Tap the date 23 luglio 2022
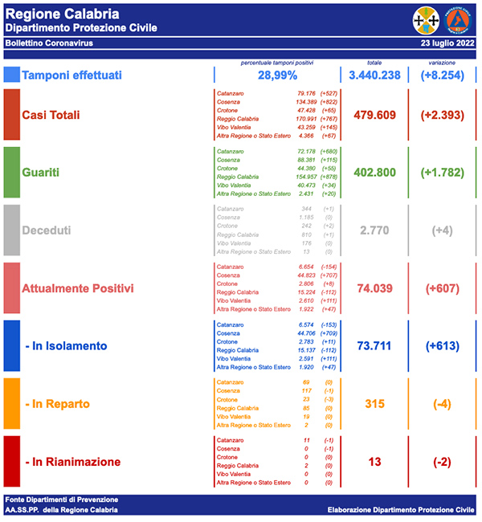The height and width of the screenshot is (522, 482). click(x=447, y=43)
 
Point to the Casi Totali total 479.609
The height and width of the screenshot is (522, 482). click(x=374, y=115)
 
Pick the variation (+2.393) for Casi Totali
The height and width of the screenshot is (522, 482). click(x=443, y=115)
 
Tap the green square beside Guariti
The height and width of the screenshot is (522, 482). click(x=12, y=172)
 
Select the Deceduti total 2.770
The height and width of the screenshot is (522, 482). click(x=374, y=230)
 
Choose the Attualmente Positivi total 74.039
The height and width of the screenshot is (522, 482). click(x=374, y=288)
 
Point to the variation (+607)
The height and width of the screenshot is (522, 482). click(x=443, y=288)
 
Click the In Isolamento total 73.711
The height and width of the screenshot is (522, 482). click(x=374, y=345)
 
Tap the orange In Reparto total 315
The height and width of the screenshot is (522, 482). click(x=374, y=403)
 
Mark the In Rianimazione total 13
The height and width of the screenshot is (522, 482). click(x=374, y=461)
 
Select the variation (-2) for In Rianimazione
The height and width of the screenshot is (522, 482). click(x=443, y=461)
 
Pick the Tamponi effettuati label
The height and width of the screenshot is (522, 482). click(x=72, y=75)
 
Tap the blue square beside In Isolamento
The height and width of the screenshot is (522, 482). click(x=12, y=345)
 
